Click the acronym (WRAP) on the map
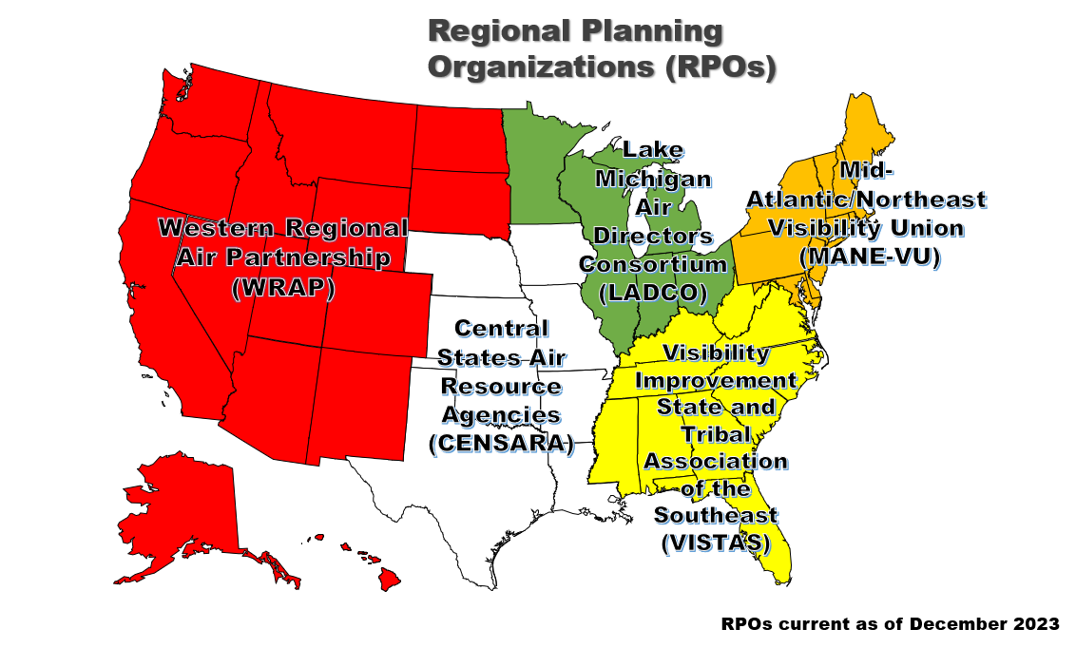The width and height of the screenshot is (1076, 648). coord(283,289)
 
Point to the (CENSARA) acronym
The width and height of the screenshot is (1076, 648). coord(502,443)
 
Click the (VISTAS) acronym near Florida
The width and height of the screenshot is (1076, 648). coord(715,543)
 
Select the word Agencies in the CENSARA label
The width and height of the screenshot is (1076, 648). coord(502,415)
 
